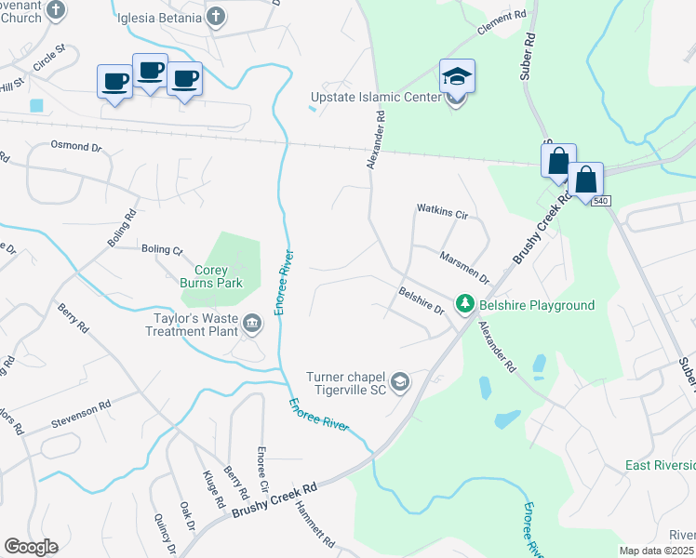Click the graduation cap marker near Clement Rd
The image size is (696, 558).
pyautogui.click(x=457, y=75)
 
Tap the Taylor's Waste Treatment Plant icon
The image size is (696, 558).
pyautogui.click(x=252, y=324)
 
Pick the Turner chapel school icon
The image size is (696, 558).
pyautogui.click(x=400, y=382)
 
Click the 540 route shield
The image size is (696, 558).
pyautogui.click(x=600, y=201)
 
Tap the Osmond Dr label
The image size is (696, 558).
pyautogui.click(x=75, y=147)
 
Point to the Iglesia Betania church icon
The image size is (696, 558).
pyautogui.click(x=216, y=16)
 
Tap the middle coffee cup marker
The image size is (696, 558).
pyautogui.click(x=150, y=71)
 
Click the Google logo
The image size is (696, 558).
pyautogui.click(x=31, y=547)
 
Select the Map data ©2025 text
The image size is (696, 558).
pyautogui.click(x=655, y=551)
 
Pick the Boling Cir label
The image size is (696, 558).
pyautogui.click(x=162, y=249)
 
